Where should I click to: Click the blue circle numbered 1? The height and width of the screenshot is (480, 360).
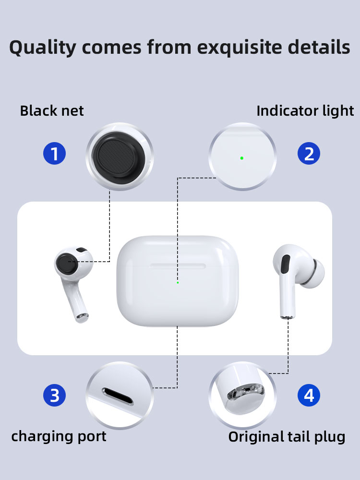coord(55,154)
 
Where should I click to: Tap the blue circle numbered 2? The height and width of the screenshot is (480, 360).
coord(309,154)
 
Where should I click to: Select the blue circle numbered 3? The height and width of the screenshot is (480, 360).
coord(55,395)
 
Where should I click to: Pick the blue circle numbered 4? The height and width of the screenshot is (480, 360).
coord(309,395)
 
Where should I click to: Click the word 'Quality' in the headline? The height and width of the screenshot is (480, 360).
coord(43,48)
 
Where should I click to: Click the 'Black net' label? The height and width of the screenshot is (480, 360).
coord(52,110)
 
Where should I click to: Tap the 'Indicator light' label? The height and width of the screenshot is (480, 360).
coord(305,111)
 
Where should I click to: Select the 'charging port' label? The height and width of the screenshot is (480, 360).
coord(59,436)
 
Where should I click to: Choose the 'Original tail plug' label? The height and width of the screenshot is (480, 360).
coord(287,437)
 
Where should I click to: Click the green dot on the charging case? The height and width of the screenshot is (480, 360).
coord(178,283)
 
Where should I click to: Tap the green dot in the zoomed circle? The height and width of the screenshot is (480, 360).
coord(242,158)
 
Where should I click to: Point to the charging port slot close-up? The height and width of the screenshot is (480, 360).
coord(118,396)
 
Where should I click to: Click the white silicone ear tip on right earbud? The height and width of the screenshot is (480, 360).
coord(314,274)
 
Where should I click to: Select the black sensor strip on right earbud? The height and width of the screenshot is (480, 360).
coord(285,264)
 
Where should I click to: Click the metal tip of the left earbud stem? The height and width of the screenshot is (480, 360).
coord(82,317)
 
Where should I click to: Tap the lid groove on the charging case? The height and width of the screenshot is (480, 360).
coord(178,266)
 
